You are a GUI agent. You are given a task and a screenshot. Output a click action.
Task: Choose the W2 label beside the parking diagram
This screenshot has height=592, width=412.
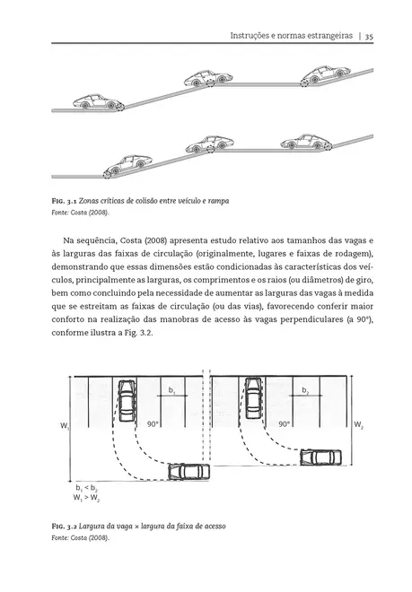click(358, 423)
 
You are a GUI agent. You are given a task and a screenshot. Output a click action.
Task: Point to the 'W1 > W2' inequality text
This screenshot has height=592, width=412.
click(87, 496)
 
